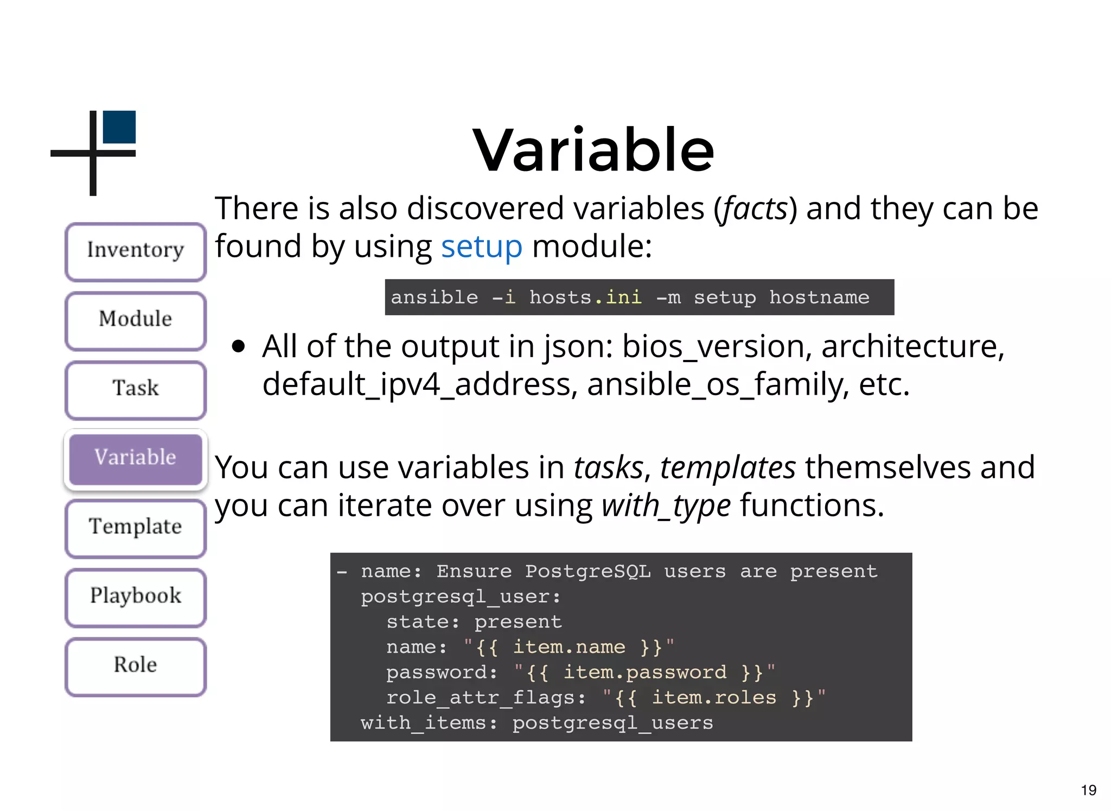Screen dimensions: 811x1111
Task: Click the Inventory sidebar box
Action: coord(136,251)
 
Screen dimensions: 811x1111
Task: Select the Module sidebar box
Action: coord(136,320)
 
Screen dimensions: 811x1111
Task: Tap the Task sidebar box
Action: coord(136,389)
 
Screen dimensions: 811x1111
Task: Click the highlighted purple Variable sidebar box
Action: coord(136,459)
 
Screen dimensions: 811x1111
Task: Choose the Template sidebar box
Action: coord(136,528)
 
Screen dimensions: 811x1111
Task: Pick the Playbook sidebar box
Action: coord(136,597)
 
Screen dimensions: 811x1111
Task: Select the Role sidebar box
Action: coord(136,666)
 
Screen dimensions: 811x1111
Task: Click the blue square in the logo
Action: coord(119,127)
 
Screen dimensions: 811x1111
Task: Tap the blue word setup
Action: coord(481,247)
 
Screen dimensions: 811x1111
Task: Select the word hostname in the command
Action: coord(819,297)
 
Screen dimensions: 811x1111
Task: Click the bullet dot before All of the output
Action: coord(238,346)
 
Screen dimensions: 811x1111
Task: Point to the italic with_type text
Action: coord(666,506)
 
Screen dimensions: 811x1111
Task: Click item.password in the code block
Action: coord(644,673)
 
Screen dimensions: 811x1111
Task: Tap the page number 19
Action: coord(1088,790)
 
